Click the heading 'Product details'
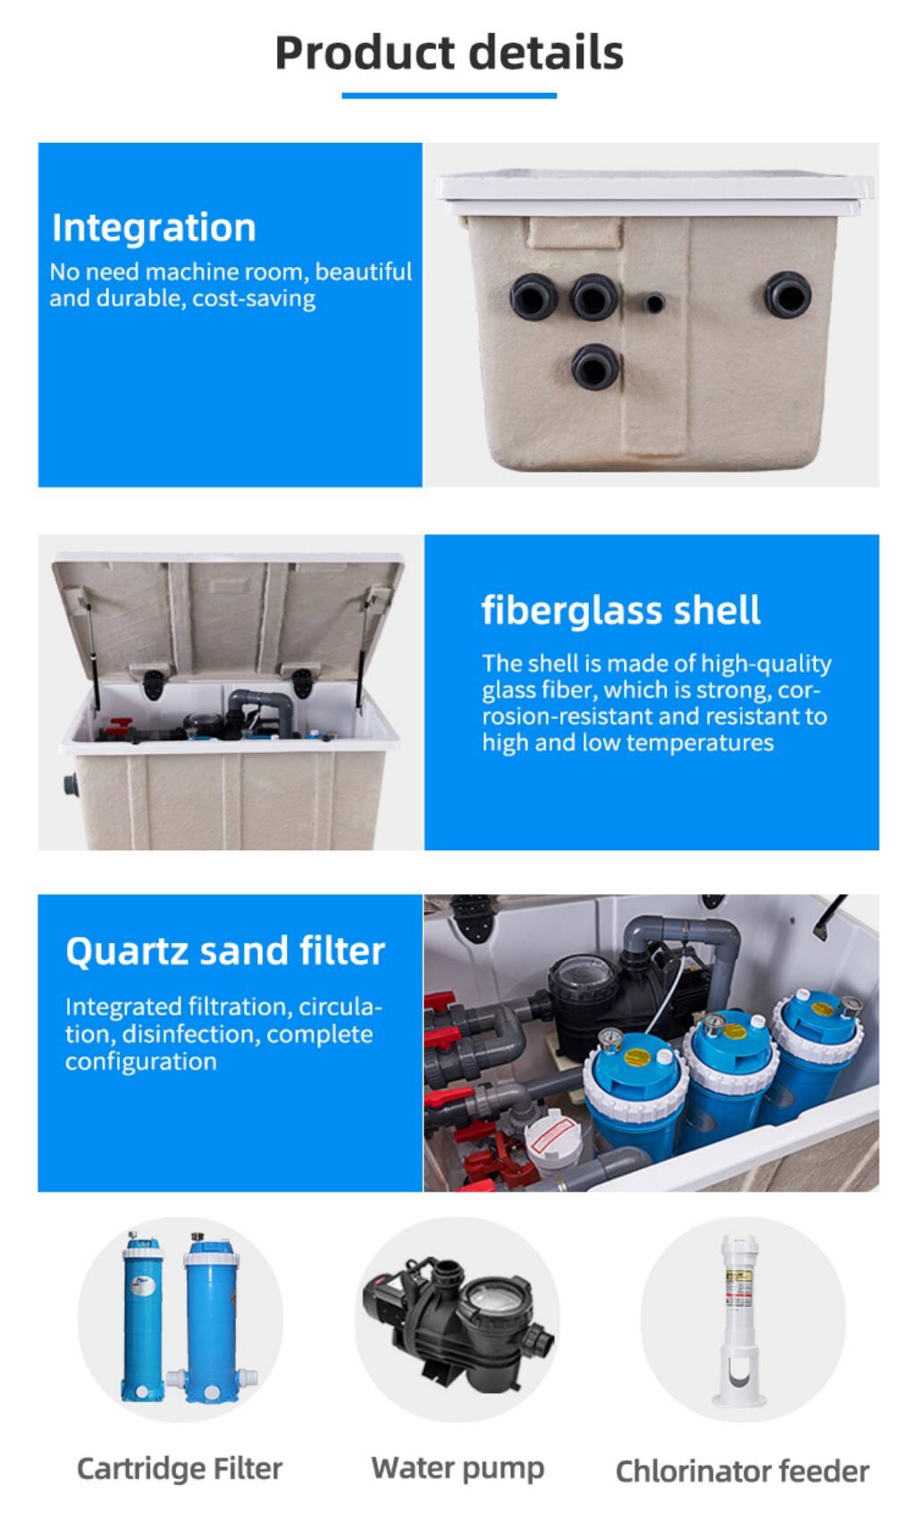(x=449, y=53)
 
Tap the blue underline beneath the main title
(x=449, y=96)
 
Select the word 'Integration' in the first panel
(x=154, y=228)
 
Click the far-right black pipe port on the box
(x=787, y=295)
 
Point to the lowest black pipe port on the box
(x=595, y=367)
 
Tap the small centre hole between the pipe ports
(x=653, y=302)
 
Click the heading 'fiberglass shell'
(x=620, y=610)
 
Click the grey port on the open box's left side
(x=71, y=785)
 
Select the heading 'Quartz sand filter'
(x=225, y=951)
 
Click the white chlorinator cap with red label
(x=553, y=1139)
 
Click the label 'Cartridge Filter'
(x=179, y=1468)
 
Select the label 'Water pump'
(x=458, y=1468)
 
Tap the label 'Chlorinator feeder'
(x=743, y=1471)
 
